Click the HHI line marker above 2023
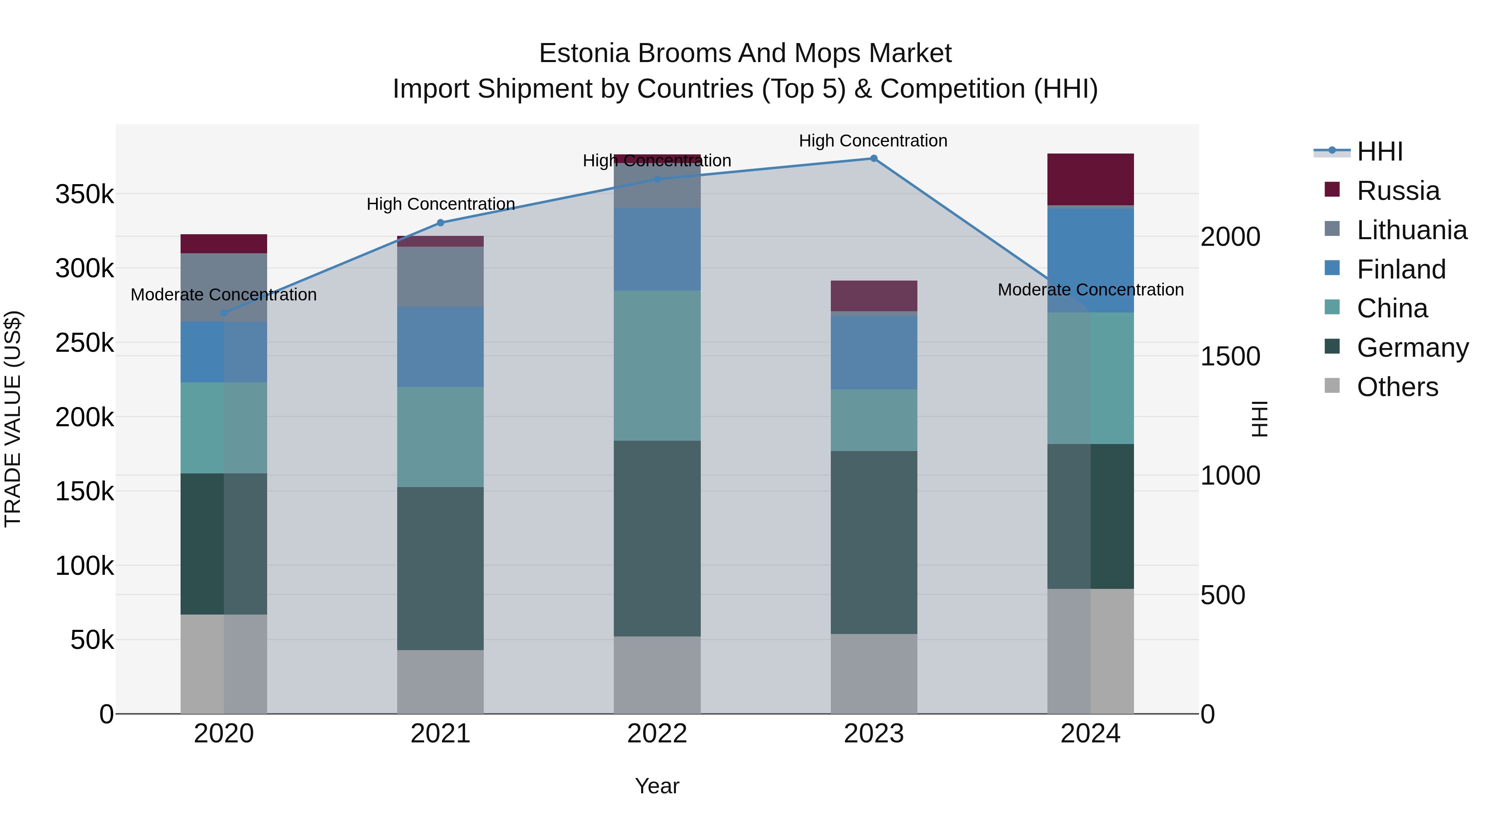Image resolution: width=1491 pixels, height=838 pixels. (873, 158)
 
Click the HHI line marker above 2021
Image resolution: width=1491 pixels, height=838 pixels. (441, 223)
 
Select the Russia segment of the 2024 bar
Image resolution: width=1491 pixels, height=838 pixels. (1091, 179)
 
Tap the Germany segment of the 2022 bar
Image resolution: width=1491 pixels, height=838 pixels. (657, 538)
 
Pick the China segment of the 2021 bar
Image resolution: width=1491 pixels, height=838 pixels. (441, 437)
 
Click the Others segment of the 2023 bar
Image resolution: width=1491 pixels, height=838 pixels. (873, 674)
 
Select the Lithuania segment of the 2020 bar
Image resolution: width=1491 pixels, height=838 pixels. (224, 288)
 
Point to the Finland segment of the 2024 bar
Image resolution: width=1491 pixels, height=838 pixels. (1091, 260)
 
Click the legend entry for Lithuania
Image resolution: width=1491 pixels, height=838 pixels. (1411, 230)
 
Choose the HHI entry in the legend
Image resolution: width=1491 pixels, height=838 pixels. (1379, 151)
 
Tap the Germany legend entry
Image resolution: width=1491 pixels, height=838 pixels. (1412, 348)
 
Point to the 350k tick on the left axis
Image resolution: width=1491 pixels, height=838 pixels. (84, 194)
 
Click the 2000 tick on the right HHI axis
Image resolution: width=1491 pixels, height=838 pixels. (1230, 237)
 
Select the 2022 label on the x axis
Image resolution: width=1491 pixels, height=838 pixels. (657, 734)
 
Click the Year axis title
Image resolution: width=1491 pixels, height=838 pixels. (657, 786)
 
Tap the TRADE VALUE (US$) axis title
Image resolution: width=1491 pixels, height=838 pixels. (13, 419)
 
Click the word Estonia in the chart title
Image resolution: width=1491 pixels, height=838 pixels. (584, 53)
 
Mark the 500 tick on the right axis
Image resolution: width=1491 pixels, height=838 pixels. (1223, 595)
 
